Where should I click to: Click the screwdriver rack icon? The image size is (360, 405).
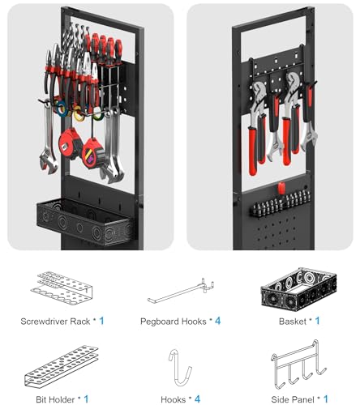point(61,286)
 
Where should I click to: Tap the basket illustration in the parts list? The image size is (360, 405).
point(294,287)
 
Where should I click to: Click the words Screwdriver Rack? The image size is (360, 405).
point(55,321)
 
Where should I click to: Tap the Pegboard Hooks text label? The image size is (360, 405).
point(172,321)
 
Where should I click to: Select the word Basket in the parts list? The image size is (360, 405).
point(288,321)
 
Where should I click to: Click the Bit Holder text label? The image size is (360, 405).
point(51,399)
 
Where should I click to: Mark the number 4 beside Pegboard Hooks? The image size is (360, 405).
point(217,321)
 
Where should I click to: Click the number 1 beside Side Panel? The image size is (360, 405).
point(326,399)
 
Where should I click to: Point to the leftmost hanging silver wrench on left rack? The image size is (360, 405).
point(47,146)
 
